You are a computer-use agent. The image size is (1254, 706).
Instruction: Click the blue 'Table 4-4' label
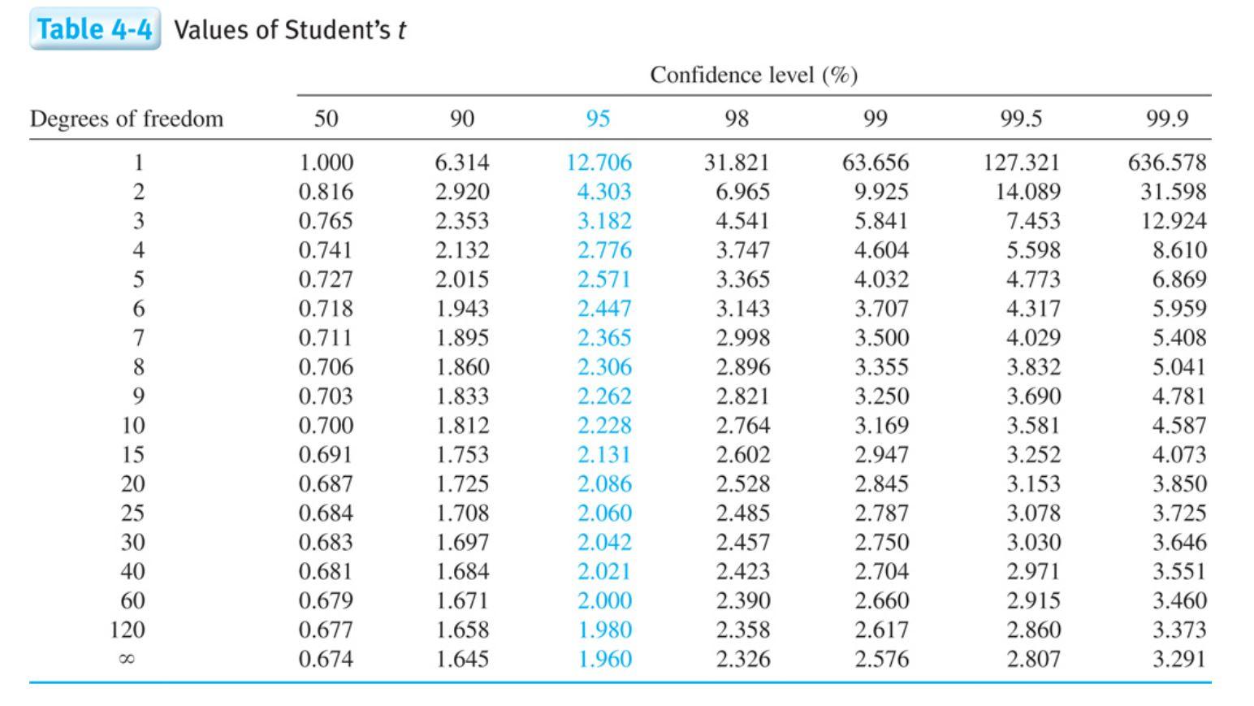[94, 29]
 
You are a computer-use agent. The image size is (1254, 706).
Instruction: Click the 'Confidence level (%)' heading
[753, 75]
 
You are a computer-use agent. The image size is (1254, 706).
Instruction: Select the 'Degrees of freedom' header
[126, 119]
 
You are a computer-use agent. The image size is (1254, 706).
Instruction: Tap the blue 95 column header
[598, 119]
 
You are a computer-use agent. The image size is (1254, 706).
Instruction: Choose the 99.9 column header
[1166, 119]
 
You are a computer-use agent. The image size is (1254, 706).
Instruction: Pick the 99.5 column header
[1021, 119]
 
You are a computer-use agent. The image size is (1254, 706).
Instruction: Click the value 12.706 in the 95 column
[599, 162]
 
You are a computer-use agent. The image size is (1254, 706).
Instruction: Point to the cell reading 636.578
[1166, 162]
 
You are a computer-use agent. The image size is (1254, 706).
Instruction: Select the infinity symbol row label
[126, 660]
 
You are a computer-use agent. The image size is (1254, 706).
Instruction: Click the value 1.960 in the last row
[604, 659]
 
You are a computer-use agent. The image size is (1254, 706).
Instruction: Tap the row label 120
[128, 630]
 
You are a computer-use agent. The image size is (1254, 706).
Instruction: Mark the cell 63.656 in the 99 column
[875, 162]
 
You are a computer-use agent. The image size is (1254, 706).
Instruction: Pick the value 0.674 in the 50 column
[326, 659]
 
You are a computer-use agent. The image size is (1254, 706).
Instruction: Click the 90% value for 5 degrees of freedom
[462, 279]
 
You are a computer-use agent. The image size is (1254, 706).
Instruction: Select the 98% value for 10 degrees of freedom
[742, 426]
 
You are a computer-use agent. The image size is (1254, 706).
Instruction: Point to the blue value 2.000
[604, 600]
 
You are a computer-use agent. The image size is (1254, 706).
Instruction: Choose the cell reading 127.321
[1021, 162]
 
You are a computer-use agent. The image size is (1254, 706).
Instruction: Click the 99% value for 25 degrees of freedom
[881, 513]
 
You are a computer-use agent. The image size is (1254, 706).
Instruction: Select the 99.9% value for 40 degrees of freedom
[1178, 571]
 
